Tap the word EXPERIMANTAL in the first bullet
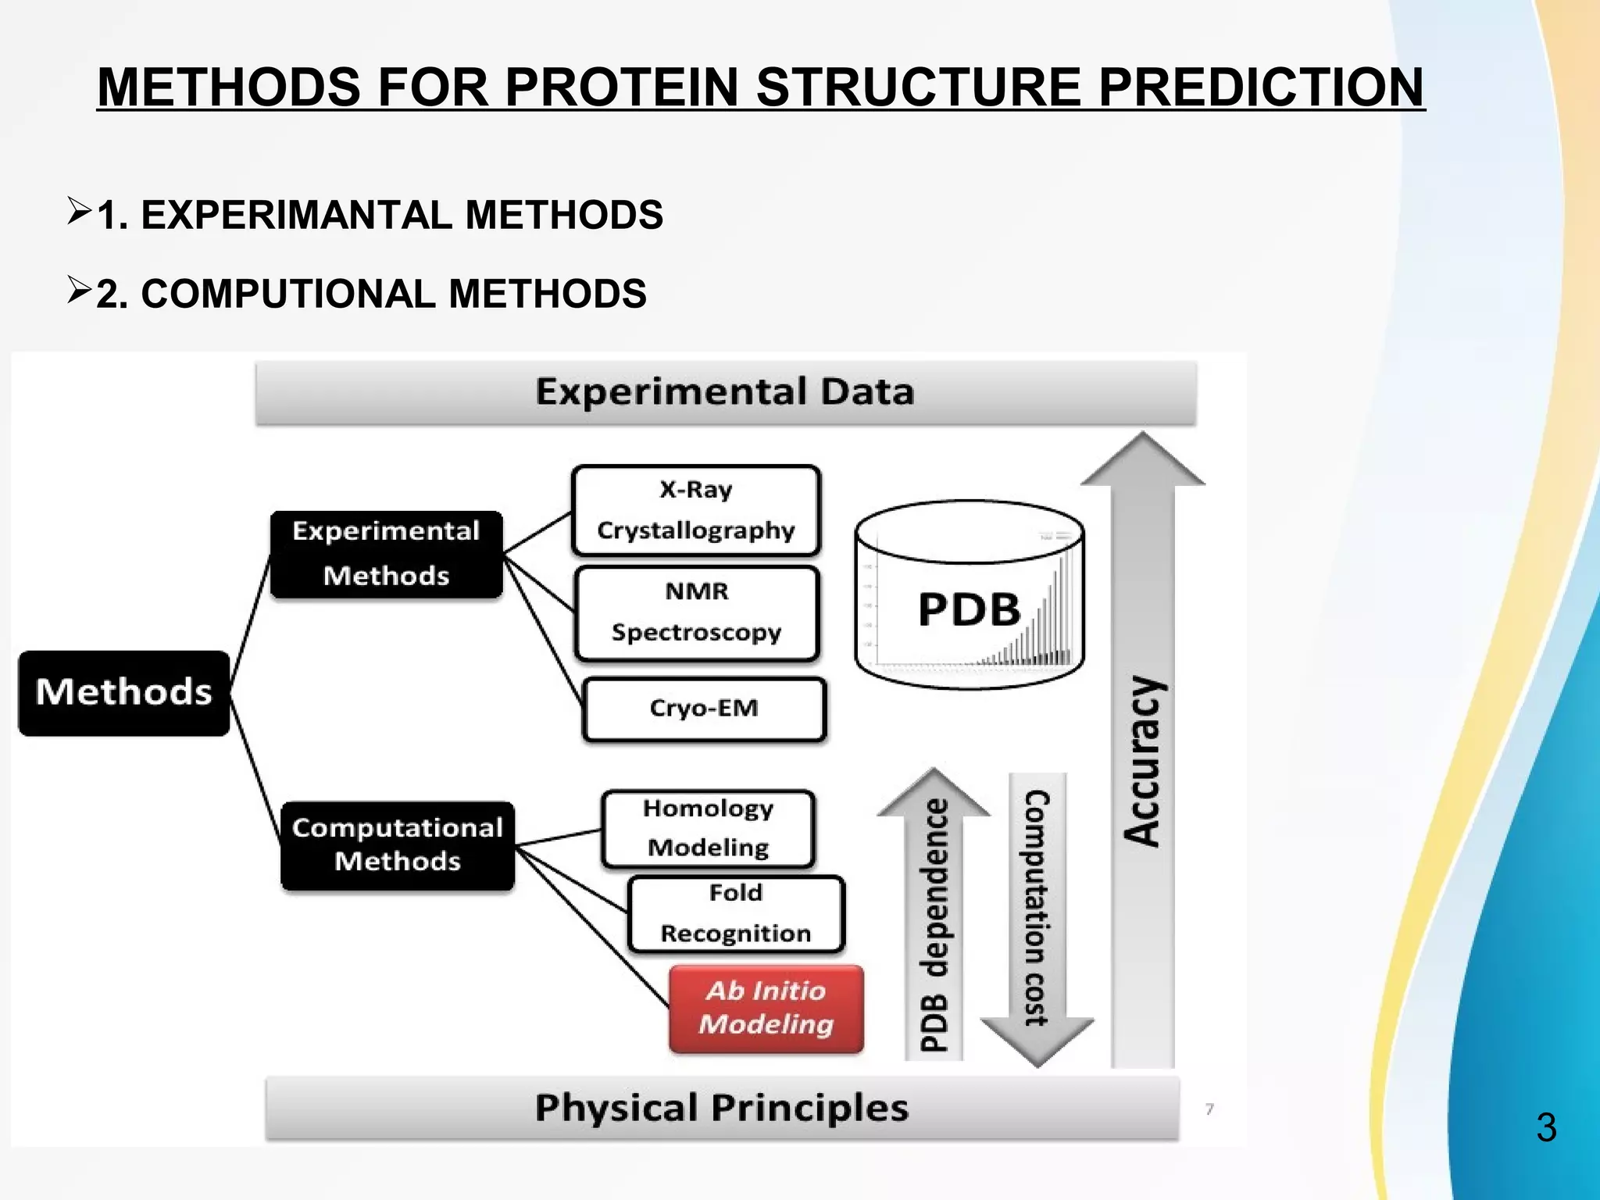(x=295, y=215)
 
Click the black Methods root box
(x=124, y=693)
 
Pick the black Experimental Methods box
(x=386, y=554)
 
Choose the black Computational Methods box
(x=397, y=845)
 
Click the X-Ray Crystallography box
(x=695, y=510)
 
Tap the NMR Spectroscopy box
(x=696, y=612)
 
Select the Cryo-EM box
(x=704, y=709)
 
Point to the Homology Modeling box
(x=708, y=828)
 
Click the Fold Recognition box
(x=735, y=913)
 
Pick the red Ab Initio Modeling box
(x=766, y=1009)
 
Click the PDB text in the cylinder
(x=969, y=609)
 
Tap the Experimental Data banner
(x=725, y=392)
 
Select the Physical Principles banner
(x=721, y=1108)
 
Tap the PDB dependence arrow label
(x=934, y=926)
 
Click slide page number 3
(x=1546, y=1127)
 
